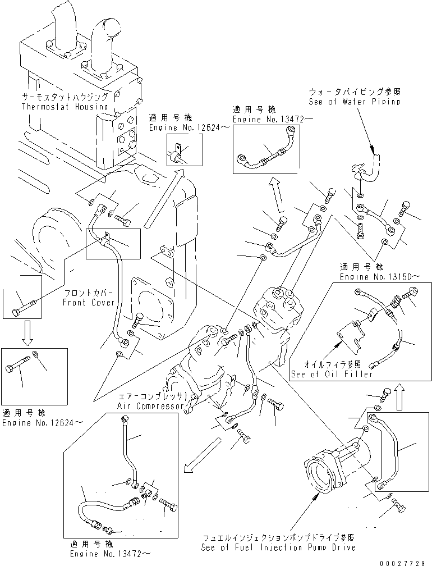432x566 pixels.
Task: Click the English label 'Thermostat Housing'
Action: click(65, 106)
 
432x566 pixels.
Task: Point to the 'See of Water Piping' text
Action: click(355, 102)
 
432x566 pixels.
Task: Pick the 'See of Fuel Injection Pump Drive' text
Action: click(278, 547)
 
